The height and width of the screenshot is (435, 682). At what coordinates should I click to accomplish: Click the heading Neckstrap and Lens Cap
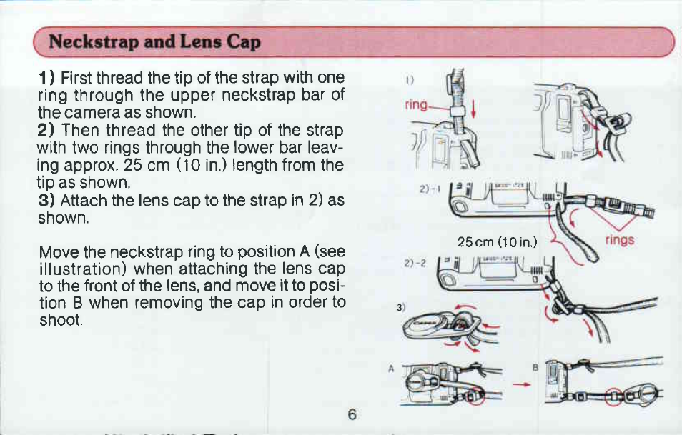(x=155, y=41)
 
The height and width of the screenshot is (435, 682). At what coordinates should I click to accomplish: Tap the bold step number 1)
(x=46, y=79)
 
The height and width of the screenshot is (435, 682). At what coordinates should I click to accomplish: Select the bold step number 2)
(x=46, y=131)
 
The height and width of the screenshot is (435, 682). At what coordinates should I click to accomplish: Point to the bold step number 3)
(x=46, y=200)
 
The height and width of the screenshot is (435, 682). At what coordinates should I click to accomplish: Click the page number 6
(x=352, y=414)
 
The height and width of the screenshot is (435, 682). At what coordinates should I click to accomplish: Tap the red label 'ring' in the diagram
(x=416, y=105)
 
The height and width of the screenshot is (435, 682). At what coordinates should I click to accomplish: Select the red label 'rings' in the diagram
(x=620, y=239)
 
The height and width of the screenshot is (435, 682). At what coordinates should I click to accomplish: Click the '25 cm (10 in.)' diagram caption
(x=497, y=241)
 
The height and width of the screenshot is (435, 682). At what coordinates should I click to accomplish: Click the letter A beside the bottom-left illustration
(x=391, y=369)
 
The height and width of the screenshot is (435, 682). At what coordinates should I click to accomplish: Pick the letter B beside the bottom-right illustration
(x=535, y=368)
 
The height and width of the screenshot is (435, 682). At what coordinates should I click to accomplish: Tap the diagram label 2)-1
(x=430, y=189)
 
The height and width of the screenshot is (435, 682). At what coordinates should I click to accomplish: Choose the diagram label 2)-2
(x=415, y=264)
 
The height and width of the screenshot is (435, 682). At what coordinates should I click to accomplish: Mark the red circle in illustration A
(x=475, y=396)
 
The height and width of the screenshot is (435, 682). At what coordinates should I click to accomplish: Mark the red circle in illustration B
(x=614, y=396)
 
